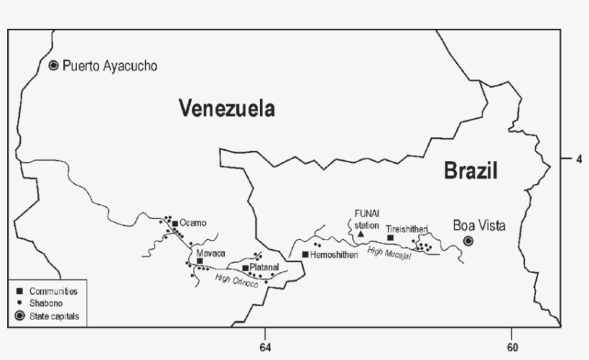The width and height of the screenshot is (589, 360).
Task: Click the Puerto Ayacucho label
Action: click(109, 66)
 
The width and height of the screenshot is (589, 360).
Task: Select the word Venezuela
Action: click(227, 109)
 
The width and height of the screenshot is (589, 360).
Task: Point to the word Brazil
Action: click(470, 171)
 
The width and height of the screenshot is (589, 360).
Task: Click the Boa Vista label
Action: click(479, 225)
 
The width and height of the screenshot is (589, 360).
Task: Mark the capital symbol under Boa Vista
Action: click(468, 241)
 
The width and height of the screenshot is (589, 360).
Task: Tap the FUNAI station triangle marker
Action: click(361, 234)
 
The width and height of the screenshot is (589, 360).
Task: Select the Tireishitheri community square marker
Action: click(390, 238)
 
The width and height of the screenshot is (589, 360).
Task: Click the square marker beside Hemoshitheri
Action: click(305, 254)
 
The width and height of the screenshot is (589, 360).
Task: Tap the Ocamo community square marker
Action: click(175, 223)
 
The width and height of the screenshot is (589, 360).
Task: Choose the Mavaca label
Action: click(210, 254)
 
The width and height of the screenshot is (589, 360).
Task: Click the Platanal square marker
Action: click(245, 268)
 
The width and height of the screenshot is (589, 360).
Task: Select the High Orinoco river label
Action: click(236, 281)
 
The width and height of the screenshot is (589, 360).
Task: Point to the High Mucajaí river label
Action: click(389, 253)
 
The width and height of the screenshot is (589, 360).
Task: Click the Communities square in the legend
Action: click(19, 291)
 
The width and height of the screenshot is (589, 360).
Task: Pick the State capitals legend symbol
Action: click(19, 315)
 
